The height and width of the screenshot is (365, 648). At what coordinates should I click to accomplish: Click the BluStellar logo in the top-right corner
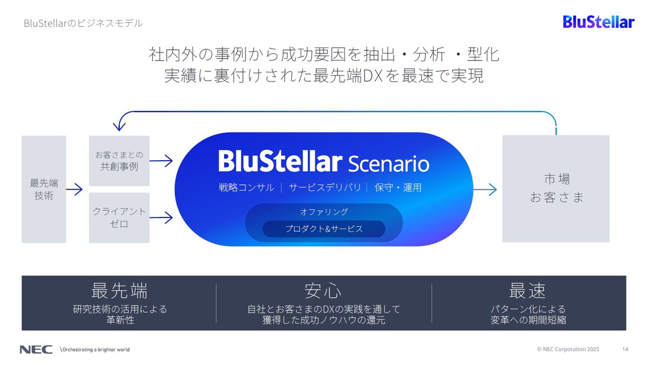(598, 22)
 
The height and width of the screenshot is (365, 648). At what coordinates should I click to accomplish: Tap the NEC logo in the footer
(36, 349)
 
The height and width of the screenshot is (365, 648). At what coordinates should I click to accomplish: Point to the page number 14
(625, 349)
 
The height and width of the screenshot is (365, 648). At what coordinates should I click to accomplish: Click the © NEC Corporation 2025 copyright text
(568, 349)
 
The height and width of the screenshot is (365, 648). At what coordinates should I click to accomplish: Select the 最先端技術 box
(44, 189)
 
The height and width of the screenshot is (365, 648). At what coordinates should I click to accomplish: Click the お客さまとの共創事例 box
(119, 161)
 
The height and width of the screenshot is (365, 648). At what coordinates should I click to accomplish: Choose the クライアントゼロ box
(119, 217)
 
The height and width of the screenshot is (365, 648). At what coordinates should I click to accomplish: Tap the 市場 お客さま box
(556, 188)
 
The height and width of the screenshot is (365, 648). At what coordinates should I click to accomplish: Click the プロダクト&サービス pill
(324, 229)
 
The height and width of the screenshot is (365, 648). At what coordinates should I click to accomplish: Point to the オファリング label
(324, 211)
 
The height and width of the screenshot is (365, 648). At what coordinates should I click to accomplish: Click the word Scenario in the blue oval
(389, 163)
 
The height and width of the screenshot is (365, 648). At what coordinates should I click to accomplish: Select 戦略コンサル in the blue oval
(246, 188)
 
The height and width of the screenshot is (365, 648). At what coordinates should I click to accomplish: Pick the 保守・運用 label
(398, 188)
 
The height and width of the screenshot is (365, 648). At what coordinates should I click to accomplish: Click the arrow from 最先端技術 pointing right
(75, 189)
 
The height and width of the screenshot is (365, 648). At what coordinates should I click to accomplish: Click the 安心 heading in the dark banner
(323, 291)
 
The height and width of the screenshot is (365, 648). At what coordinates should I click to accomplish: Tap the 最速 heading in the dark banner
(528, 291)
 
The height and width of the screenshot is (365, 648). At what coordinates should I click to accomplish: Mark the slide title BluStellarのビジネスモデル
(83, 24)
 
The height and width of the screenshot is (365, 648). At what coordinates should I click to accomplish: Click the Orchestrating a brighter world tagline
(95, 349)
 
